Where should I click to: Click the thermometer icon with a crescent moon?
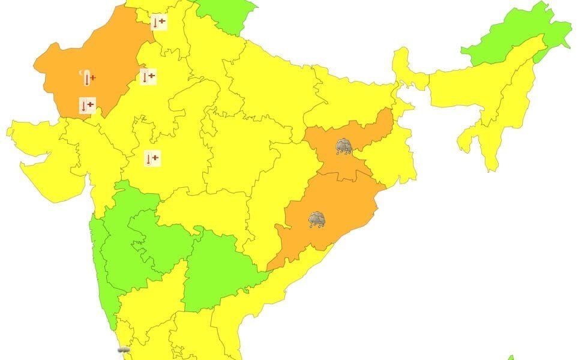pyautogui.click(x=88, y=77)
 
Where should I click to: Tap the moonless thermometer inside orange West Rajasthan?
pyautogui.click(x=87, y=106)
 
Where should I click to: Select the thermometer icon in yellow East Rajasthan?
pyautogui.click(x=148, y=76)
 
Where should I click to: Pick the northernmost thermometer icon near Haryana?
pyautogui.click(x=158, y=22)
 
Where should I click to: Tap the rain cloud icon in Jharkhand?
pyautogui.click(x=344, y=146)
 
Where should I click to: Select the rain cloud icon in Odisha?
pyautogui.click(x=317, y=220)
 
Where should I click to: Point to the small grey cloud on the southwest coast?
pyautogui.click(x=124, y=350)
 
